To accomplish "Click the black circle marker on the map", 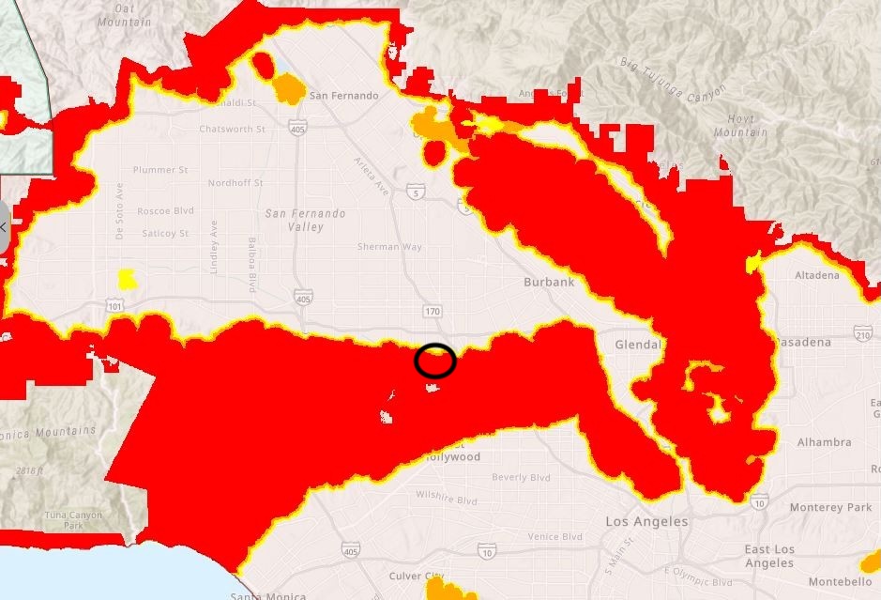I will point(435,361).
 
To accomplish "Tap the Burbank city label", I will point(547,281).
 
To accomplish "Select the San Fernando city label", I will point(343,96).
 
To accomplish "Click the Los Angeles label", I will point(646,521).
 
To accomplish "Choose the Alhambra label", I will point(824,441).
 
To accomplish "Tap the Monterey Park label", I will point(831,507).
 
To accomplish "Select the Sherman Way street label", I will point(389,247).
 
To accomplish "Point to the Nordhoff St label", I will point(235,183).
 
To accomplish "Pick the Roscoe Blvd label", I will point(165,211).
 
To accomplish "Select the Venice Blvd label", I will point(554,537).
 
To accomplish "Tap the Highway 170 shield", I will point(433,311).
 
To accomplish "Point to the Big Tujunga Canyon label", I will point(673,79).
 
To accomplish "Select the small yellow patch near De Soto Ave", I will point(127,279).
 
